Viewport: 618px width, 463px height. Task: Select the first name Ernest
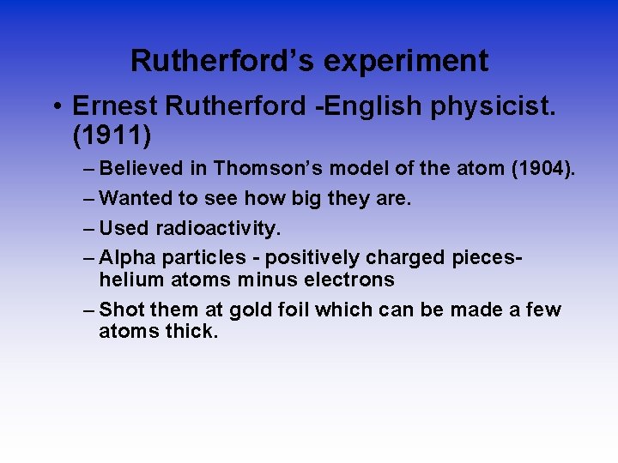click(x=115, y=105)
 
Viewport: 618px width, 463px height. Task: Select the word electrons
click(x=350, y=280)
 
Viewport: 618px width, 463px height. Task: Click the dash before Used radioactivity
click(x=91, y=229)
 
